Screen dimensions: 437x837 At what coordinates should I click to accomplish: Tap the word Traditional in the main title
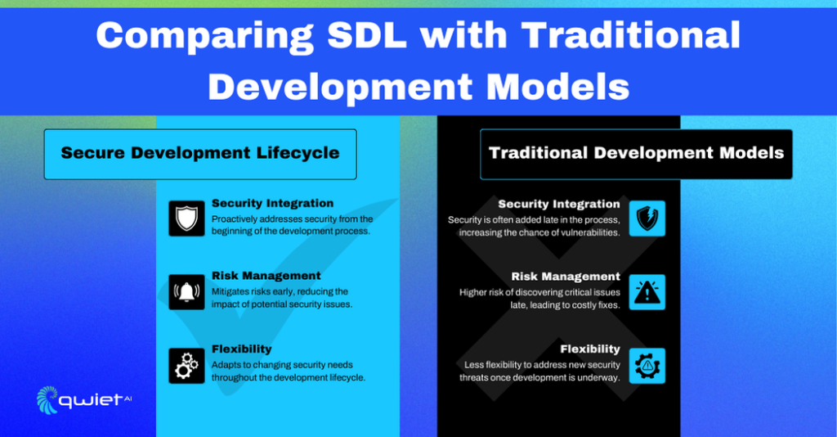tap(630, 37)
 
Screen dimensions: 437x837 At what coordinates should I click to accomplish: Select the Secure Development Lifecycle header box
tap(200, 154)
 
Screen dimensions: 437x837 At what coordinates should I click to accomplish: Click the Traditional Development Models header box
tap(636, 154)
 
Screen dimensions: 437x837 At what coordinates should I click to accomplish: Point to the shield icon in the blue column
tap(186, 218)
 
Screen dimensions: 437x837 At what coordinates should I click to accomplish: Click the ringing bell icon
tap(186, 292)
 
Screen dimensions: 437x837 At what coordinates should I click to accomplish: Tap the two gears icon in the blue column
tap(186, 366)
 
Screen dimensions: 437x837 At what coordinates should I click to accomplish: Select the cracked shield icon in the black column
tap(647, 218)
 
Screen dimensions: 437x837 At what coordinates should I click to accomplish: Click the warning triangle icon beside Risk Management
tap(647, 292)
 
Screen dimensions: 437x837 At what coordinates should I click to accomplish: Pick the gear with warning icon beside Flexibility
tap(647, 366)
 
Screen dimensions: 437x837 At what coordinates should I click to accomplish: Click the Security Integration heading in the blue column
tap(272, 204)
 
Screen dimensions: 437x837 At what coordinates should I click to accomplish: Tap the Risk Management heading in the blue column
tap(266, 276)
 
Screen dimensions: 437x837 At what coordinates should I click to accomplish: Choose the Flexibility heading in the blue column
tap(241, 349)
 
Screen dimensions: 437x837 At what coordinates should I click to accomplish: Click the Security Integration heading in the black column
tap(559, 205)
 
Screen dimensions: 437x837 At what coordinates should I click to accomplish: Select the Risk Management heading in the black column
tap(566, 277)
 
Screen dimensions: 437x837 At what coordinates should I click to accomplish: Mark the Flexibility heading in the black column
tap(590, 349)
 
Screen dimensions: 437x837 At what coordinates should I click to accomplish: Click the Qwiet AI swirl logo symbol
tap(47, 399)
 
